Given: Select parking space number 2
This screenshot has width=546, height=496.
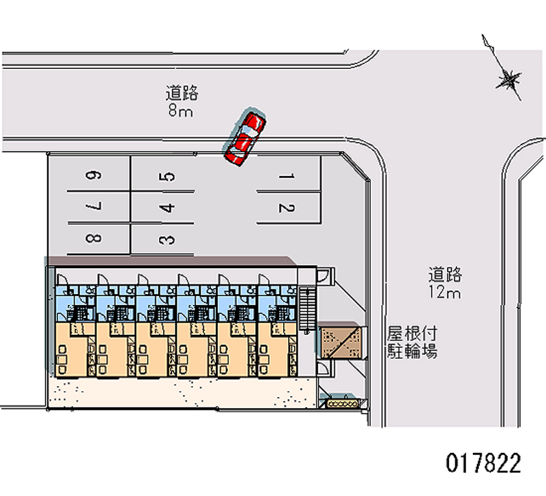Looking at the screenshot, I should [287, 208].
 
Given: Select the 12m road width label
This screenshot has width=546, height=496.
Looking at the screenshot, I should [446, 293].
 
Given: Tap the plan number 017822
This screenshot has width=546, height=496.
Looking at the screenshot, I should [483, 464].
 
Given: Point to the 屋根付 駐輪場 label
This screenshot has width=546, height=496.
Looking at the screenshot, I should [412, 342].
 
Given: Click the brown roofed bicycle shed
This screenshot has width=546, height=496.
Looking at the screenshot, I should [339, 340].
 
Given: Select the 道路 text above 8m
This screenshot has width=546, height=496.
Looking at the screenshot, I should [182, 93].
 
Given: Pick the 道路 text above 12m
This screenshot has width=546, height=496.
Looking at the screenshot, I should [446, 275].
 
